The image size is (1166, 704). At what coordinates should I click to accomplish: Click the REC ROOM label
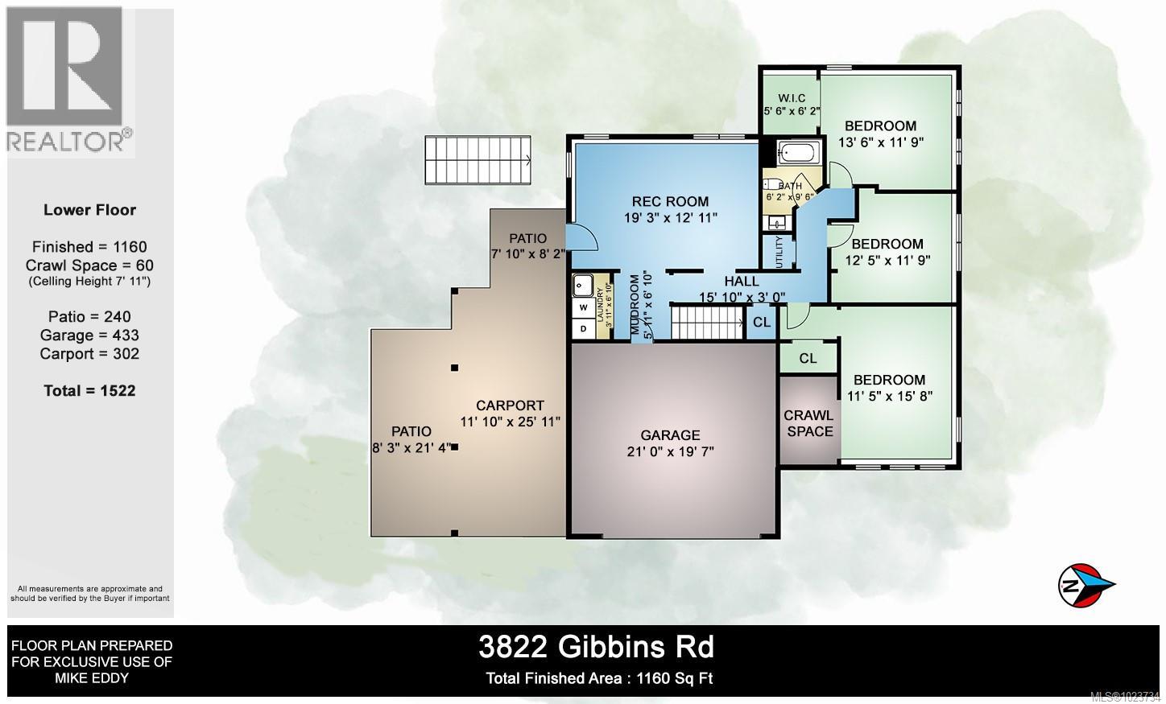[x=670, y=202]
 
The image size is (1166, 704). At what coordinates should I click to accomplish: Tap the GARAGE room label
[x=670, y=435]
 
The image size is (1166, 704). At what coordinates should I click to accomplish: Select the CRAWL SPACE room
[x=808, y=423]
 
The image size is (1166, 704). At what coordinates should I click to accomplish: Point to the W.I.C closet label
[x=792, y=98]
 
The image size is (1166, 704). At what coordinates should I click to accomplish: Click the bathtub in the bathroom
[x=800, y=152]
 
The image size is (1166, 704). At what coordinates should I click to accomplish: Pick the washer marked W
[x=583, y=307]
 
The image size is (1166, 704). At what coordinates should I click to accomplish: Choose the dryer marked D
[x=583, y=328]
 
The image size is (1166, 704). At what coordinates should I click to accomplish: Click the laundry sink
[x=583, y=285]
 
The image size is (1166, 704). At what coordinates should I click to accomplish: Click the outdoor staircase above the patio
[x=479, y=159]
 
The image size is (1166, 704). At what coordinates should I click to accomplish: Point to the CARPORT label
[x=510, y=406]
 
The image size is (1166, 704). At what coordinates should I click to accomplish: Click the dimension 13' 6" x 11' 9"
[x=880, y=142]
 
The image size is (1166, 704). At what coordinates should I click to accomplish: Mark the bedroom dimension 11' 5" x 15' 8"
[x=890, y=395]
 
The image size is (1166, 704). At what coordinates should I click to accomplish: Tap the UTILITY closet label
[x=779, y=251]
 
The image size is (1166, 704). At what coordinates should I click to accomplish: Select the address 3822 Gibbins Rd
[x=596, y=646]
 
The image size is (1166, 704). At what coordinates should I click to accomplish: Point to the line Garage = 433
[x=89, y=335]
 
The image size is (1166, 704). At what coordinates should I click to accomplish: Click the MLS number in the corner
[x=1124, y=697]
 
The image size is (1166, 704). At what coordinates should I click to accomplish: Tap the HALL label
[x=741, y=281]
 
